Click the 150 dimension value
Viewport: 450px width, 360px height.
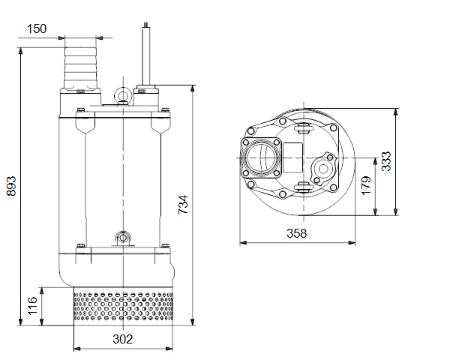tap(37, 28)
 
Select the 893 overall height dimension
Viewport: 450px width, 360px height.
tap(11, 186)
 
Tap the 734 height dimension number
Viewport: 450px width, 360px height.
tap(183, 205)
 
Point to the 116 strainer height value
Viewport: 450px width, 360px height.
tap(32, 306)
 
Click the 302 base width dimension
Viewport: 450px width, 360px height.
tap(123, 339)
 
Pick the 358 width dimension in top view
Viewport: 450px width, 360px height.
tap(297, 233)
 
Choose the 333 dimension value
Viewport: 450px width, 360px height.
tap(386, 161)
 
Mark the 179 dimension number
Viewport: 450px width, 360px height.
tap(366, 186)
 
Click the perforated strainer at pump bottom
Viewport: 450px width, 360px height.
tap(124, 306)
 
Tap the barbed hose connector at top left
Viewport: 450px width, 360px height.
tap(81, 68)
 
